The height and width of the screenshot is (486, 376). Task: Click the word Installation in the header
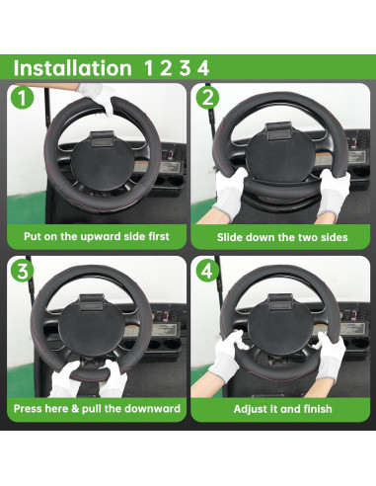pyautogui.click(x=71, y=68)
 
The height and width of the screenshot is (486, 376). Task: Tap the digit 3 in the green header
pyautogui.click(x=184, y=68)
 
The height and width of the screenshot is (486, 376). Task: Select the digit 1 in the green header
pyautogui.click(x=149, y=68)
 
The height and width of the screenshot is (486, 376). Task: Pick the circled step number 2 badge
pyautogui.click(x=208, y=98)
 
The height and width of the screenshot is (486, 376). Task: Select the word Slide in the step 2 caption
pyautogui.click(x=233, y=238)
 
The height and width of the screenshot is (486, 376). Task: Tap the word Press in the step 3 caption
pyautogui.click(x=34, y=409)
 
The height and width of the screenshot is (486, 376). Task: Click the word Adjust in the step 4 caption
pyautogui.click(x=253, y=409)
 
